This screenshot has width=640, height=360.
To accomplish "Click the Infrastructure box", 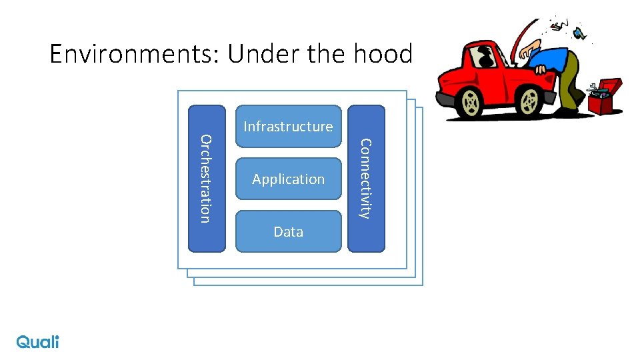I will (288, 126).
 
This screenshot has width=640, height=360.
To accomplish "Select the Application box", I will (288, 179).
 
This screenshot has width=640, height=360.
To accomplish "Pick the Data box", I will (288, 231).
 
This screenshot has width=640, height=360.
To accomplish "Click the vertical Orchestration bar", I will (207, 179).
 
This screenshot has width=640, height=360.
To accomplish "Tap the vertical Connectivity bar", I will (366, 179).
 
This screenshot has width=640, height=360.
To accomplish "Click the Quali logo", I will (38, 341).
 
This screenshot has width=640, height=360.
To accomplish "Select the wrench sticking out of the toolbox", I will (591, 87).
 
